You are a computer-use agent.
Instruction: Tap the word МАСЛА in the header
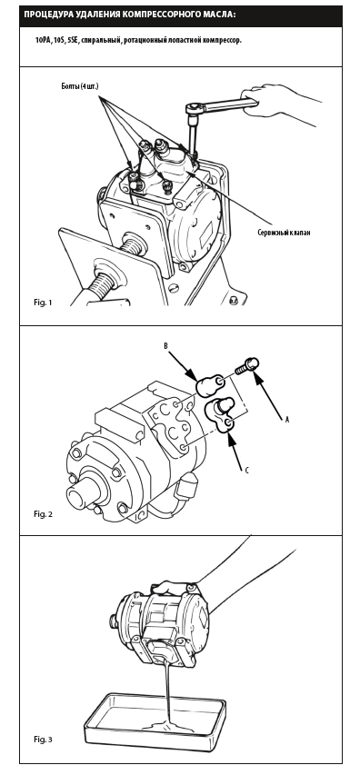(215, 14)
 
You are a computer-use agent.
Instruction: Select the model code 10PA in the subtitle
(43, 41)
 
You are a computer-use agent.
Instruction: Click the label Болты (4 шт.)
(80, 86)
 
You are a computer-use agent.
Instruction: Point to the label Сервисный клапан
(284, 233)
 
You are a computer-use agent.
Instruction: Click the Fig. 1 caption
(43, 302)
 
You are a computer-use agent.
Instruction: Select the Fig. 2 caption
(43, 514)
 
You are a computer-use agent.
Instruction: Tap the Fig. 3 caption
(43, 740)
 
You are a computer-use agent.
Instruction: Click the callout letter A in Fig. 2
(287, 420)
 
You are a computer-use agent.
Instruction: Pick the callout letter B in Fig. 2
(166, 346)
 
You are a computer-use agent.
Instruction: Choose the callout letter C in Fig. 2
(246, 471)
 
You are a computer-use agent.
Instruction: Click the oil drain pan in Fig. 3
(155, 720)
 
